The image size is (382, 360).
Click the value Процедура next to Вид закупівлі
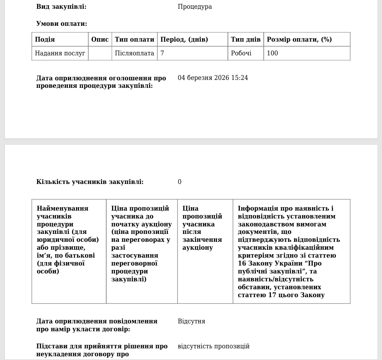coord(195,7)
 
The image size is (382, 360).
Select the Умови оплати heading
coord(62,23)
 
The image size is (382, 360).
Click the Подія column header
coord(45,40)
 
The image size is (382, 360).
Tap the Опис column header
coord(100,40)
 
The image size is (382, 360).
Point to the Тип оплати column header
coord(135,40)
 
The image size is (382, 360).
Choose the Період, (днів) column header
coord(184,40)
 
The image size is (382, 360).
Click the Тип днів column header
coord(246,40)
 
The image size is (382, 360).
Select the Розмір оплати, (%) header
coord(299,40)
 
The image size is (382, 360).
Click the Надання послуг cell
coord(60,53)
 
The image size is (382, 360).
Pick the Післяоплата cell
coord(135,53)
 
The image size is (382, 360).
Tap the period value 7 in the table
coord(162,53)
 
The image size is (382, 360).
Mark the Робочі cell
coord(242,53)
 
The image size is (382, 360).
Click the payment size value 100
coord(272,53)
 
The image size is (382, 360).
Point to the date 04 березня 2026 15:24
coord(213,78)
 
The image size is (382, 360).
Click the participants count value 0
coord(180,182)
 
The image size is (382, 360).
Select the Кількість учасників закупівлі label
coord(90,182)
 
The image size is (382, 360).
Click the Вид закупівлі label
coord(62,7)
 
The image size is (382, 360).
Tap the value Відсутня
coord(191,321)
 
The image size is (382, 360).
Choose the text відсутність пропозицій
coord(214,346)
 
